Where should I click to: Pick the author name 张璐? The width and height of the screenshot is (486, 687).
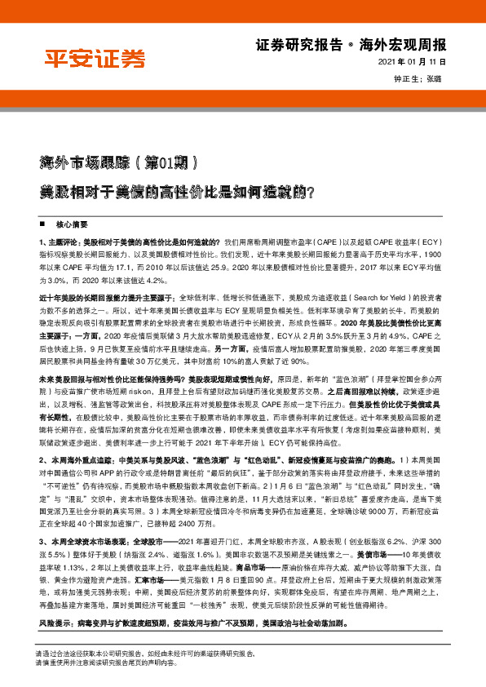click(x=435, y=78)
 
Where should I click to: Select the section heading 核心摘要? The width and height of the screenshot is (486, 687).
click(x=71, y=223)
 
